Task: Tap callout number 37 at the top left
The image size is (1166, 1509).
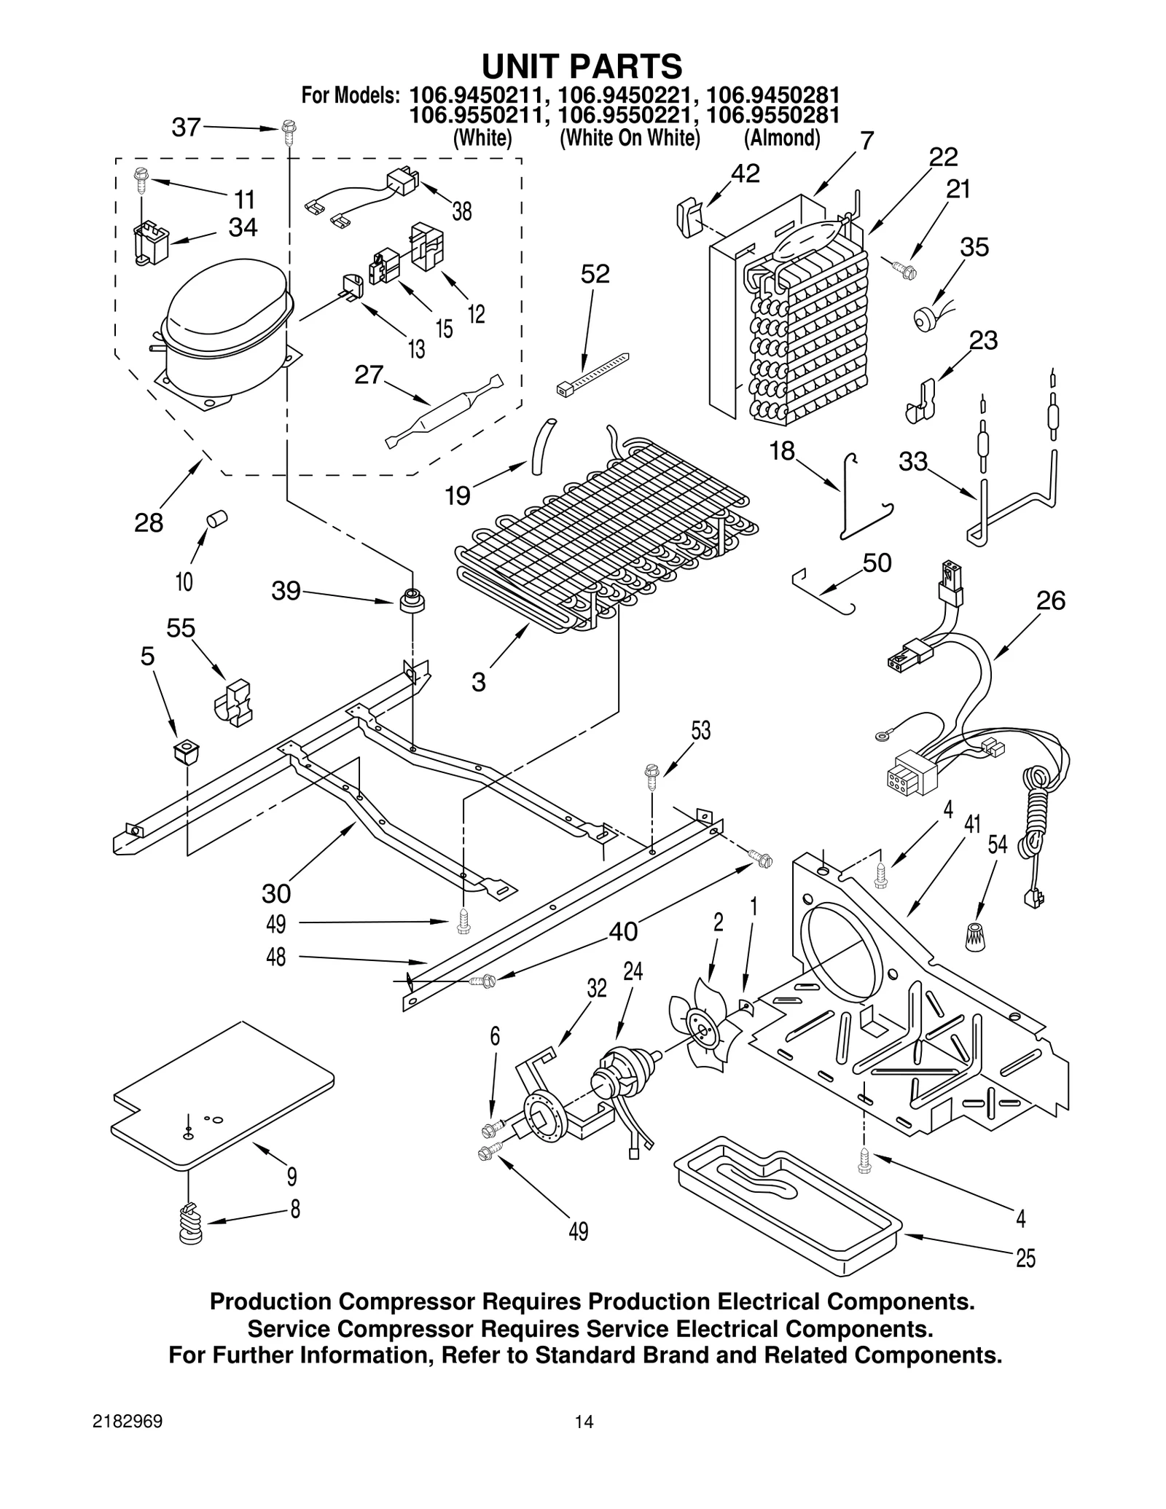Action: tap(186, 128)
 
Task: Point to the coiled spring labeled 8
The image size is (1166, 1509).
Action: tap(191, 1224)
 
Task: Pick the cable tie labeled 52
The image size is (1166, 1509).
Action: tap(592, 371)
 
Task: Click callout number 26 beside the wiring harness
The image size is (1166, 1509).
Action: tap(1050, 601)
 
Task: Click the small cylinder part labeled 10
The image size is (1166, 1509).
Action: tap(216, 519)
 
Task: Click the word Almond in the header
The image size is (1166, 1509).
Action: tap(782, 138)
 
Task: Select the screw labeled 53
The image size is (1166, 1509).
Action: tap(652, 774)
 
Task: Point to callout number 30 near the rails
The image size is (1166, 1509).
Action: tap(276, 893)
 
